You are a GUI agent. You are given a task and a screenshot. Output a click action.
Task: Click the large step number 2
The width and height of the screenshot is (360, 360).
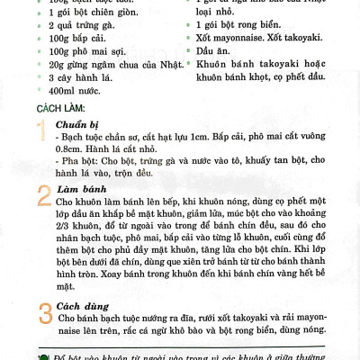coord(44,195)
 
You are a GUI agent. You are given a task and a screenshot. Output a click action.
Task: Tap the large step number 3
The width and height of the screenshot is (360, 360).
coord(44,312)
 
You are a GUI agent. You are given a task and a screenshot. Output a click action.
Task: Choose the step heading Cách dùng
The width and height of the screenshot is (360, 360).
coord(82,305)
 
